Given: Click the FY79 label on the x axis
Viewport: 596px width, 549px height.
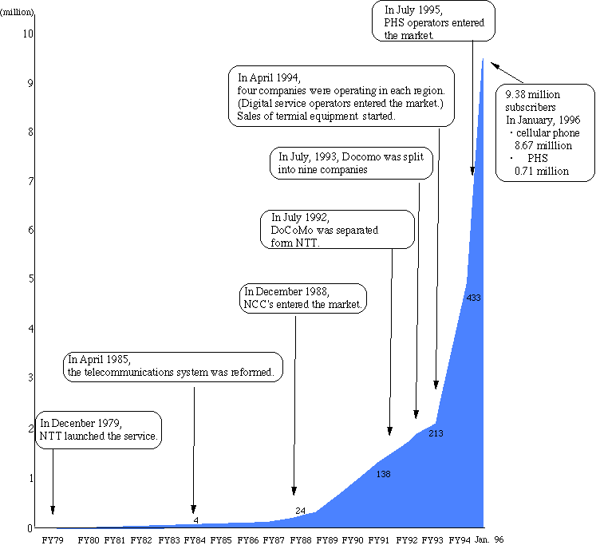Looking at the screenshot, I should (x=53, y=540).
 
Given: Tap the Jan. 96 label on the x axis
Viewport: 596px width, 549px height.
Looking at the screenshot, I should (x=488, y=540).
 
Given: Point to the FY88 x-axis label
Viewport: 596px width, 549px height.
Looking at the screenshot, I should (x=301, y=540).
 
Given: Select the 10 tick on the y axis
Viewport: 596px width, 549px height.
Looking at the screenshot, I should (x=28, y=34).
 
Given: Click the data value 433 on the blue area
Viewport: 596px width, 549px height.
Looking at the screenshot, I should (x=473, y=298).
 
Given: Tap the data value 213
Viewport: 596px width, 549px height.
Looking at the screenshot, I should (x=435, y=434).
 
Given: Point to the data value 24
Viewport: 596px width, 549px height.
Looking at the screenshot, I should (x=300, y=511).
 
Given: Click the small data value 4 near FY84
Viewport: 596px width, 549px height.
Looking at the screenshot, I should (x=195, y=520).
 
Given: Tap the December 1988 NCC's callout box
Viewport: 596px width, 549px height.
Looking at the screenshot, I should (x=304, y=297).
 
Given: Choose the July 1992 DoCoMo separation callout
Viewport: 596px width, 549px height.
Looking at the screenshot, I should (x=338, y=230).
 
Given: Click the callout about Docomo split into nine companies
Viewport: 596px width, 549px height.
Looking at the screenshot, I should (x=351, y=164).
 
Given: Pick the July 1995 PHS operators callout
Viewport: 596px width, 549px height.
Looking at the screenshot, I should (x=434, y=22).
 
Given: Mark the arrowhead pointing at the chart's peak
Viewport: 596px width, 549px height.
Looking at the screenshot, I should (x=493, y=63).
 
